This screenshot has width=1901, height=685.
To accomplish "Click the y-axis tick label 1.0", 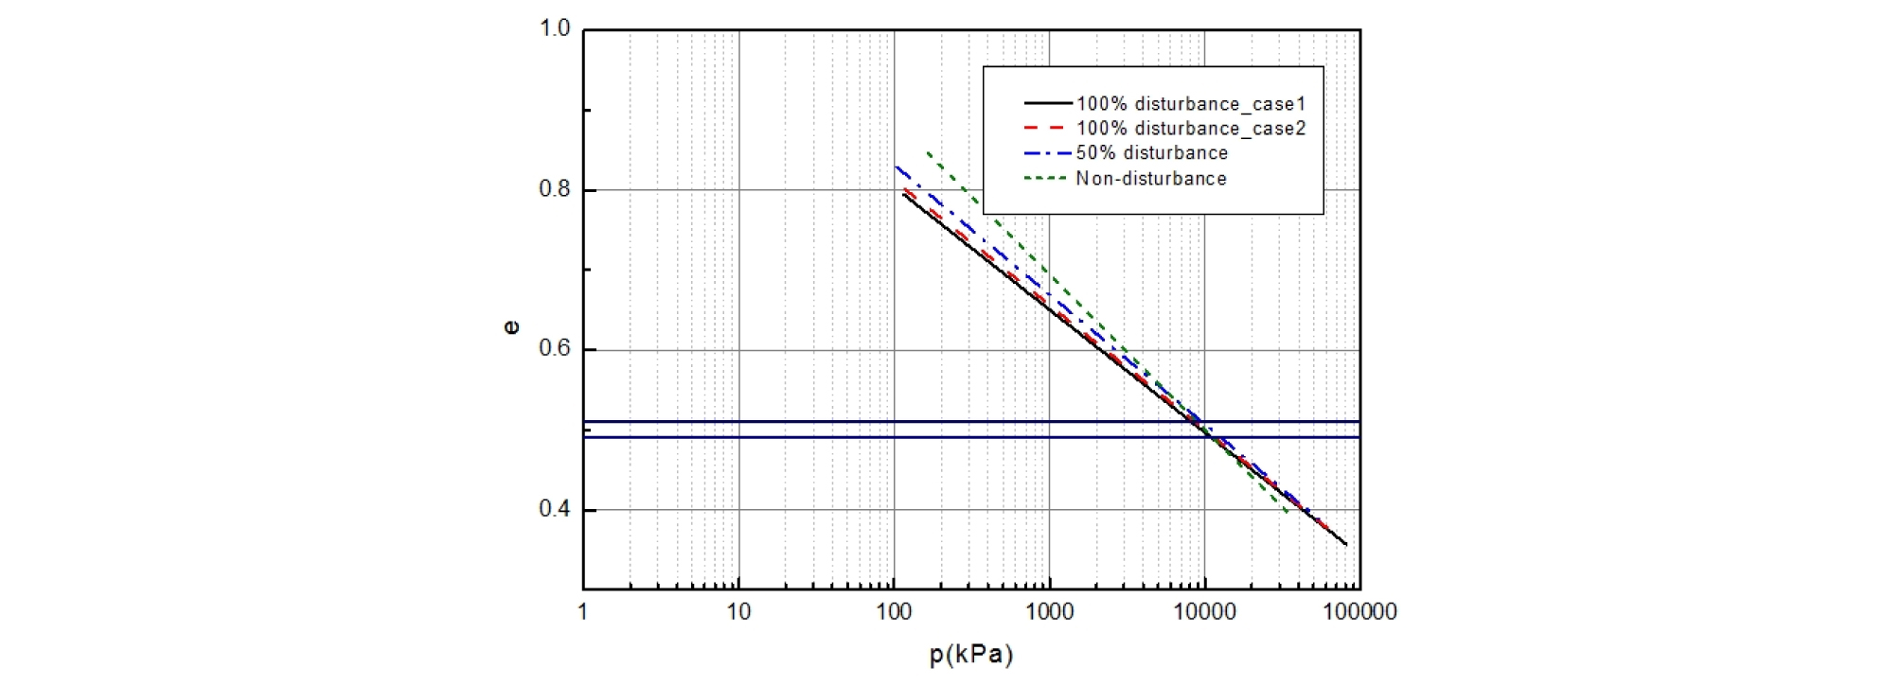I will click(x=555, y=29).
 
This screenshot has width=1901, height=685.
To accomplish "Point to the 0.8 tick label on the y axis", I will click(x=555, y=189).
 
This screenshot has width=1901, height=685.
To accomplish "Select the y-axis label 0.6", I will click(x=555, y=349).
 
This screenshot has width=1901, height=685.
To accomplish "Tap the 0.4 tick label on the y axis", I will click(x=555, y=509).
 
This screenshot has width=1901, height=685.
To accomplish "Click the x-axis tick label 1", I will click(x=583, y=612).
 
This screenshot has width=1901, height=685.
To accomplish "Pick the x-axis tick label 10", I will click(x=738, y=612).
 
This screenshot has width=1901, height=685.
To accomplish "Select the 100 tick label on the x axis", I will click(x=894, y=612).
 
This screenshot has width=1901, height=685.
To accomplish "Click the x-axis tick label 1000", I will click(x=1049, y=612).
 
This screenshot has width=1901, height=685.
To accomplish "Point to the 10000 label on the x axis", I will click(x=1204, y=612).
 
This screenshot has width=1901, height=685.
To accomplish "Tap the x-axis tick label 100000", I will click(x=1359, y=612).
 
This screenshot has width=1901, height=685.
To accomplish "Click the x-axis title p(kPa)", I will click(x=971, y=655).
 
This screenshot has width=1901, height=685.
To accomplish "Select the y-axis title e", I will click(x=511, y=327).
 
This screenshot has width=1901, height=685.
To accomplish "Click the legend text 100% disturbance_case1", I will click(x=1191, y=103).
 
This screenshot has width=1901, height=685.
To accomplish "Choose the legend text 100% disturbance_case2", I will click(x=1191, y=128).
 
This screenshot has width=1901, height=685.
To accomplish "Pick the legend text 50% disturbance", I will click(x=1151, y=152).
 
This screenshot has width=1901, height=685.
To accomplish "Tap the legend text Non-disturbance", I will click(x=1150, y=178).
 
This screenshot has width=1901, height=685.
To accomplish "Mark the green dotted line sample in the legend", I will click(x=1047, y=178).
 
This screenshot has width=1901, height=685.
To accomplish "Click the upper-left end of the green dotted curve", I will click(x=928, y=152).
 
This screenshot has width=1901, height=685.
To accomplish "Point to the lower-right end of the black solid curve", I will click(x=1346, y=544).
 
